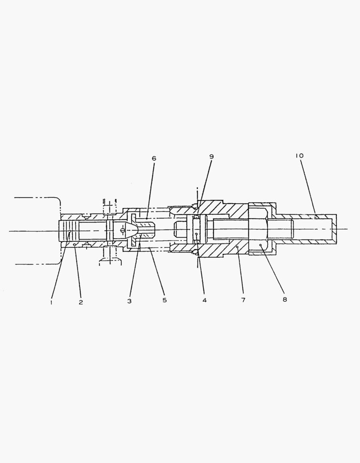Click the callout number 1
(51, 302)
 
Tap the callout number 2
(81, 302)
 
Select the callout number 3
(130, 301)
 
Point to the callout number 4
(205, 300)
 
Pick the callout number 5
(165, 300)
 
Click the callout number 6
(154, 158)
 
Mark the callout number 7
(243, 300)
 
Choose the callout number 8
(284, 299)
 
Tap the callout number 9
(212, 156)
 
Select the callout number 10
(299, 156)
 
